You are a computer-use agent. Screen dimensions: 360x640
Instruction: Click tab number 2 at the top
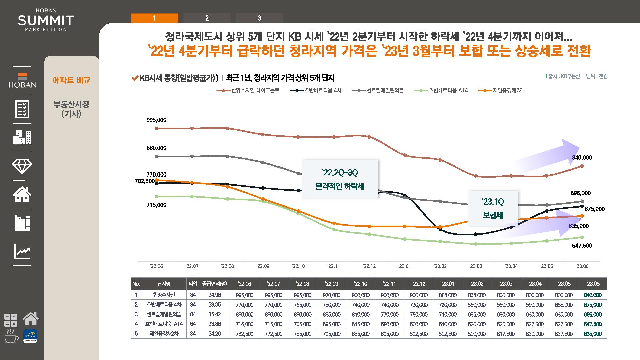click(207, 18)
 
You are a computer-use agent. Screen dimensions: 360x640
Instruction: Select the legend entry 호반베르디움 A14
click(448, 90)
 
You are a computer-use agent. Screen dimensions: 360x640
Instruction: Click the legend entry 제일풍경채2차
click(508, 90)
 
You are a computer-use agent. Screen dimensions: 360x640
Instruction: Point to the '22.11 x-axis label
click(334, 266)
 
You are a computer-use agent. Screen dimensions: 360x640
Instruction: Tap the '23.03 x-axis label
click(476, 266)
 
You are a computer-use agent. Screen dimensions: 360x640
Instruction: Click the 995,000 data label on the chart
click(156, 120)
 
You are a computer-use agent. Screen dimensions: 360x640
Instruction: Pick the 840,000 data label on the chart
click(582, 158)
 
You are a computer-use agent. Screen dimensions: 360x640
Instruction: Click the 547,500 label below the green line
click(582, 246)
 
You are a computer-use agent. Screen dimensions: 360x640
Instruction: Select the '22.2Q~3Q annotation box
click(340, 179)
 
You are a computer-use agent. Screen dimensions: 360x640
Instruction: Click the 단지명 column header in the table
click(164, 284)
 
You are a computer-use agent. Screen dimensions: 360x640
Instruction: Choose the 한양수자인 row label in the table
click(164, 295)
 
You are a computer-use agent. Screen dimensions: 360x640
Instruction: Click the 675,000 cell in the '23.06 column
click(593, 305)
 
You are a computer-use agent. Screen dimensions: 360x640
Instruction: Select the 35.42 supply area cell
click(215, 314)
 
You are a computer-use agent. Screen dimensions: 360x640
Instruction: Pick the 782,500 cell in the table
click(244, 334)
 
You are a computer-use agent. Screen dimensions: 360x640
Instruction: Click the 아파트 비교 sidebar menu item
click(71, 80)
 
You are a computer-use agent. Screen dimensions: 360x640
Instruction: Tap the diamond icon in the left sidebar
click(22, 166)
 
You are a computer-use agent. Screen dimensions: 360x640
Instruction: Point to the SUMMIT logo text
click(46, 21)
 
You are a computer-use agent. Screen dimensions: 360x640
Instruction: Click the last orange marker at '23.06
click(582, 216)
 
